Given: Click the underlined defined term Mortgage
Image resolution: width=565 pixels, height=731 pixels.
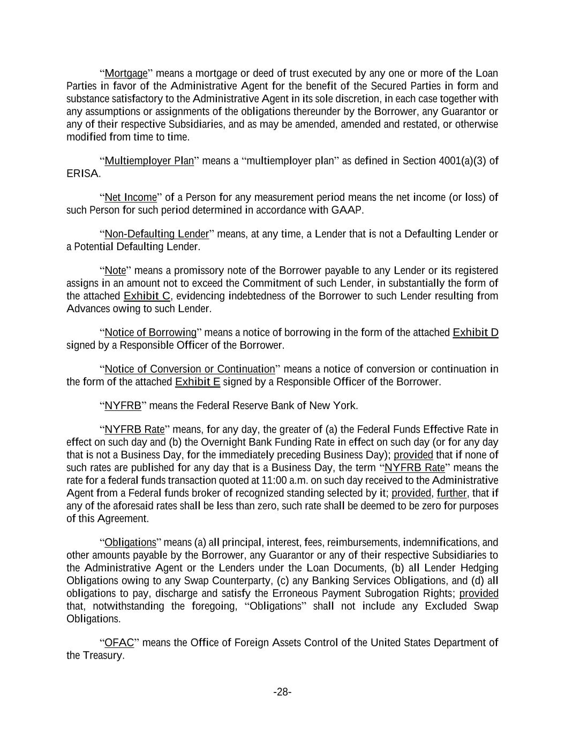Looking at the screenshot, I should (x=126, y=73).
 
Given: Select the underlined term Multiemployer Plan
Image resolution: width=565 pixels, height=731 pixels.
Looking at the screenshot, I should (x=149, y=161).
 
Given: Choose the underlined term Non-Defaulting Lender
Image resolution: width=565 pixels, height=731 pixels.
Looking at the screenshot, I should (x=156, y=234).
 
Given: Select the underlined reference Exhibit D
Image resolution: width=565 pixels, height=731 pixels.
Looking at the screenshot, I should (x=475, y=333).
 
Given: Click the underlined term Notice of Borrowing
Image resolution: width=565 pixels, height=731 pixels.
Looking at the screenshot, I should (x=150, y=333).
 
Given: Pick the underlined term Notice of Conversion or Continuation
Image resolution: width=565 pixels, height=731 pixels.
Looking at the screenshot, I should (x=190, y=369).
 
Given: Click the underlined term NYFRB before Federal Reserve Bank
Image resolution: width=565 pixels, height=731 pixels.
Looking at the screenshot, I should (x=123, y=405).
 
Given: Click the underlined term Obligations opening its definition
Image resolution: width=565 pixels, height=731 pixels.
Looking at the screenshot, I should (x=130, y=542).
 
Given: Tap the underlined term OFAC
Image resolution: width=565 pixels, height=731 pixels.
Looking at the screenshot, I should (x=119, y=643).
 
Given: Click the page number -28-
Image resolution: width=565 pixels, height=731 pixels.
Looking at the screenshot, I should (x=282, y=692).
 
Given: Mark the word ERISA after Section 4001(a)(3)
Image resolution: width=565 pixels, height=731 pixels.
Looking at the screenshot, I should (x=82, y=174).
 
